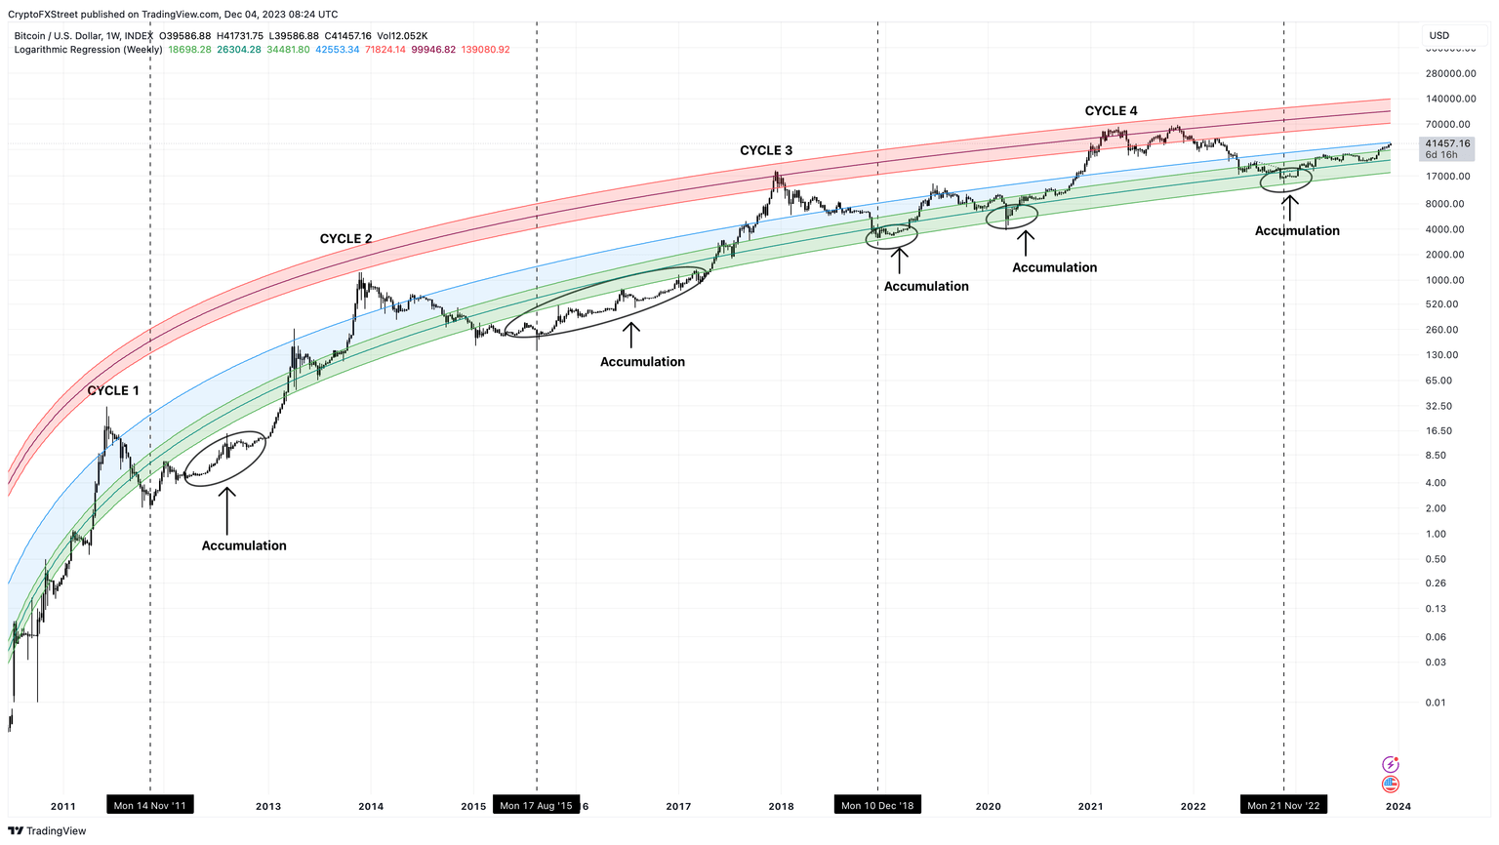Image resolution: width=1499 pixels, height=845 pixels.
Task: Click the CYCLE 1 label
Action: coord(113,390)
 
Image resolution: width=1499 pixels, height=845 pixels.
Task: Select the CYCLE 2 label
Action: coord(345,239)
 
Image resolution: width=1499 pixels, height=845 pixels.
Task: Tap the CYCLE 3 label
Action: coord(766,150)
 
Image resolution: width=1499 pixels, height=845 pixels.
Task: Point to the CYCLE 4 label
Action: coord(1111,111)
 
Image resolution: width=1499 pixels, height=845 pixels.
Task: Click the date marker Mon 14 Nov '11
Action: coord(149,805)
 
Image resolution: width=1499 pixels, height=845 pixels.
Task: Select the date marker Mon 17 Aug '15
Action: coord(536,805)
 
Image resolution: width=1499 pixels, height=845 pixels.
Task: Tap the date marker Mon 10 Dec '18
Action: coord(877,805)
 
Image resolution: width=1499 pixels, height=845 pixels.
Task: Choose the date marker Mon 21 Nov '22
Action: coord(1283,805)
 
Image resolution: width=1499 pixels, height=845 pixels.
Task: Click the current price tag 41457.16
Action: coord(1446,143)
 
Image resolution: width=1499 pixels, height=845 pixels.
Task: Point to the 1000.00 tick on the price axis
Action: coord(1444,280)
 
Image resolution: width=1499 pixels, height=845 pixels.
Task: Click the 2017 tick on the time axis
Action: coord(678,806)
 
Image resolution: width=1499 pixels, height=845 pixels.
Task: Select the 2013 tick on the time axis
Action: coord(268,806)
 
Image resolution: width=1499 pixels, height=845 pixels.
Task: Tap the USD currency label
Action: coord(1439,35)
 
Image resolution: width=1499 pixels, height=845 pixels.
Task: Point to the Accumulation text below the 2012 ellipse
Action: coord(244,545)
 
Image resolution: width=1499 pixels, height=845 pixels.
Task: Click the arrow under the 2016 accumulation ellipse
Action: coord(631,335)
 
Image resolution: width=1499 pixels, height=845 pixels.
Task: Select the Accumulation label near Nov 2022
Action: coord(1296,231)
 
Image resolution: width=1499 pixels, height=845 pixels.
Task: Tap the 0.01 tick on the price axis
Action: coord(1435,703)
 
